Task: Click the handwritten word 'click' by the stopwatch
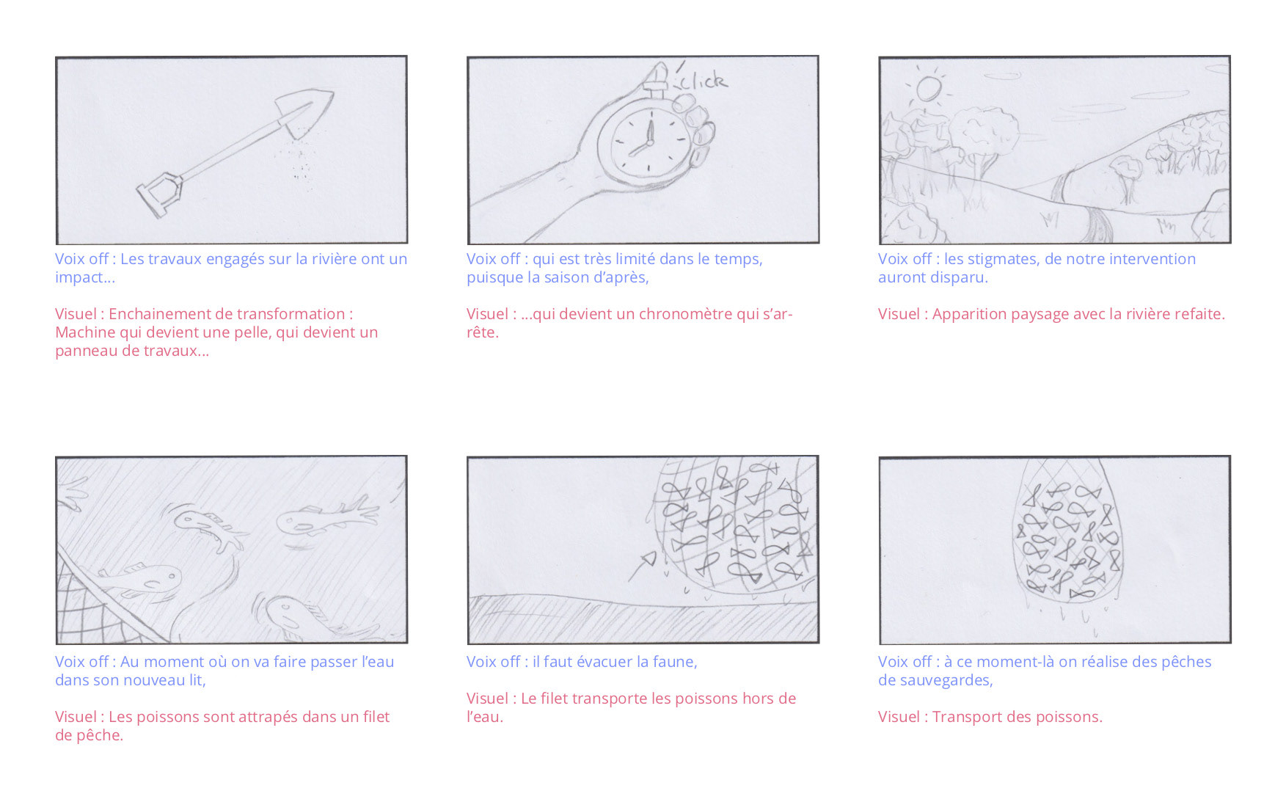point(702,80)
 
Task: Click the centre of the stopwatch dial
point(649,141)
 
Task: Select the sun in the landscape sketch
point(928,90)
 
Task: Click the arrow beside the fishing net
point(642,566)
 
